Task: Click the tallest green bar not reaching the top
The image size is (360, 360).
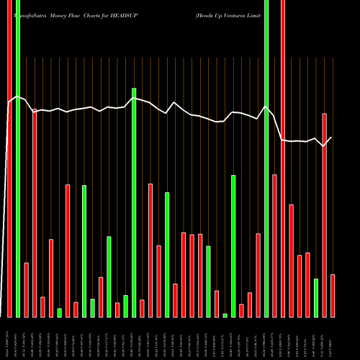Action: pyautogui.click(x=134, y=202)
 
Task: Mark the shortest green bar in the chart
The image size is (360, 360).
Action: pyautogui.click(x=225, y=315)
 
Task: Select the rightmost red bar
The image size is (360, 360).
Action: pyautogui.click(x=333, y=295)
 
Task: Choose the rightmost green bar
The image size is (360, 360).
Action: pyautogui.click(x=316, y=297)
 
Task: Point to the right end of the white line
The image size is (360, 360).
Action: pyautogui.click(x=331, y=137)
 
